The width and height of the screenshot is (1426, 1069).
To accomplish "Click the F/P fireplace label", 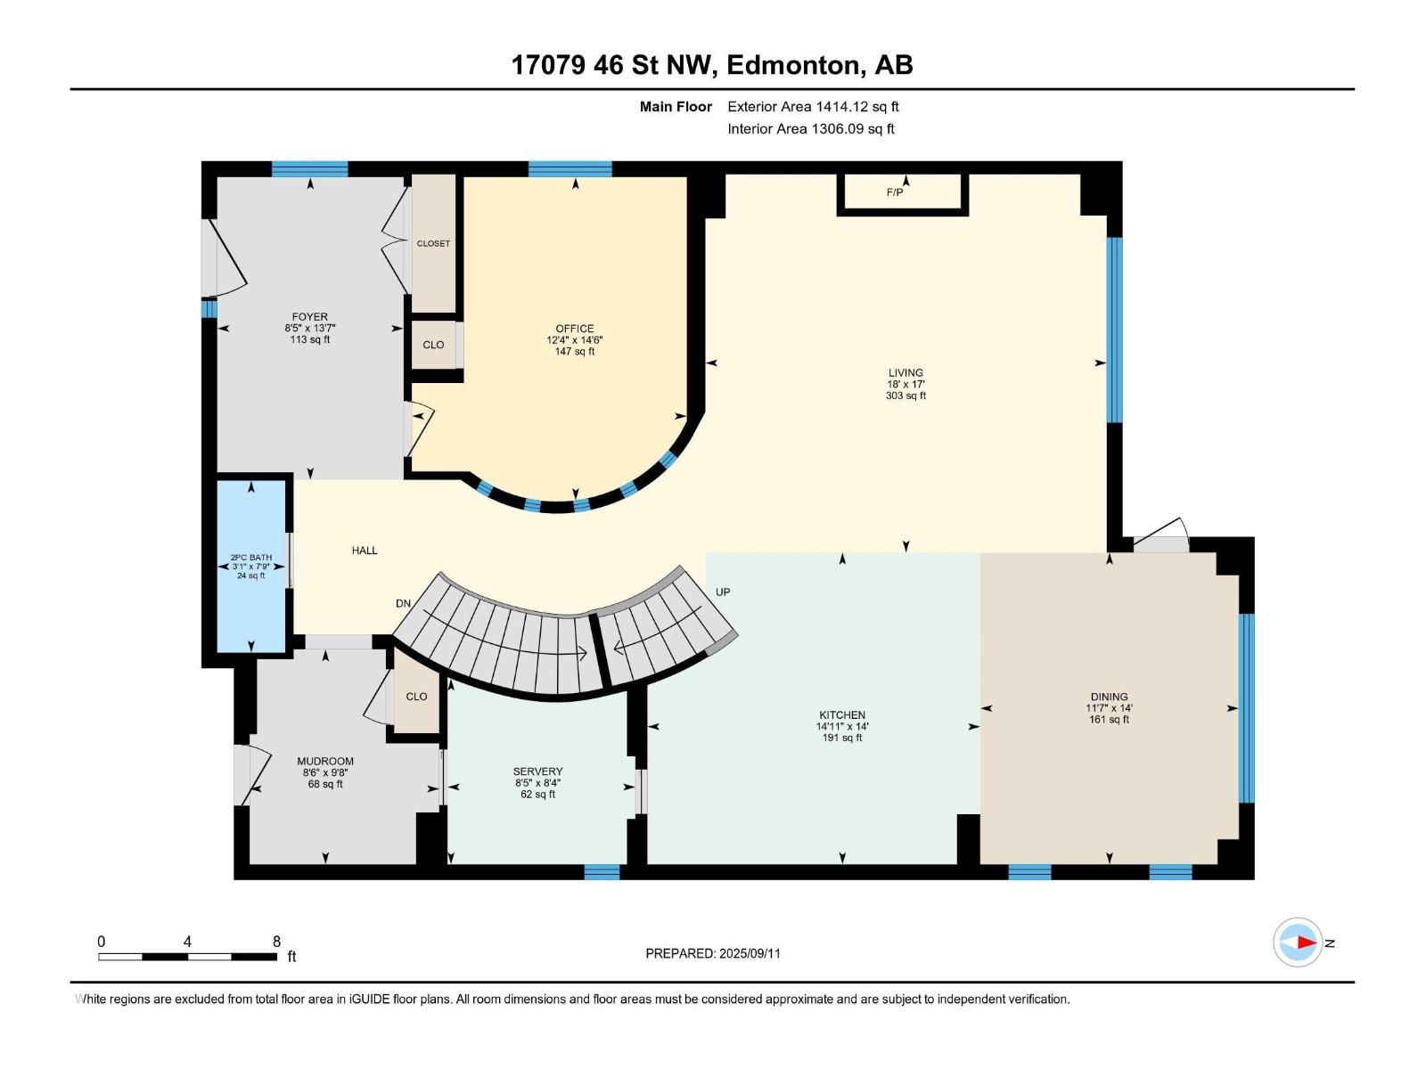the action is tap(895, 192).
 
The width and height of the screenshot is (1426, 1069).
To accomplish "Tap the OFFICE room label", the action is tap(575, 329).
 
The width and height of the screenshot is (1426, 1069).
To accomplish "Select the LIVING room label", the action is tap(906, 372).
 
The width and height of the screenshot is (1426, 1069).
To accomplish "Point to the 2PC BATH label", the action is tap(251, 557).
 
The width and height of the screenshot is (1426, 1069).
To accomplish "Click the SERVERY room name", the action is tap(538, 771).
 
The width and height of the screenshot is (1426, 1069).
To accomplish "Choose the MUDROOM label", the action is tap(325, 761).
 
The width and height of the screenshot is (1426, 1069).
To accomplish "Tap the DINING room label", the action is tap(1110, 697).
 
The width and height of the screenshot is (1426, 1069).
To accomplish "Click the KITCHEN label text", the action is tap(842, 714).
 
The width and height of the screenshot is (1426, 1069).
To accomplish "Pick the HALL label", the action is tap(365, 551).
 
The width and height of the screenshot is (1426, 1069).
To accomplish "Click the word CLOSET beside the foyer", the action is tap(433, 243).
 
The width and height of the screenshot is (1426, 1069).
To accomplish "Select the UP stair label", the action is tap(723, 592).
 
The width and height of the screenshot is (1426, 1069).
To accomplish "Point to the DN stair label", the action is tap(404, 603).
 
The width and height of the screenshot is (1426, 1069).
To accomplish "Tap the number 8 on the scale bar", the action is tap(277, 941).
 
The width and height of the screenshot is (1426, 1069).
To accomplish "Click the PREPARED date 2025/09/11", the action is tap(750, 953).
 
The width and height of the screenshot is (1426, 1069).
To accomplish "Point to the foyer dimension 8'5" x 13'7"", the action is tap(310, 329).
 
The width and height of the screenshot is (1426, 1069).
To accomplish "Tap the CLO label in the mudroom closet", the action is tap(416, 697).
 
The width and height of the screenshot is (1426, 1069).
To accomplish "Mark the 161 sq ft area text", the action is tap(1110, 719).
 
